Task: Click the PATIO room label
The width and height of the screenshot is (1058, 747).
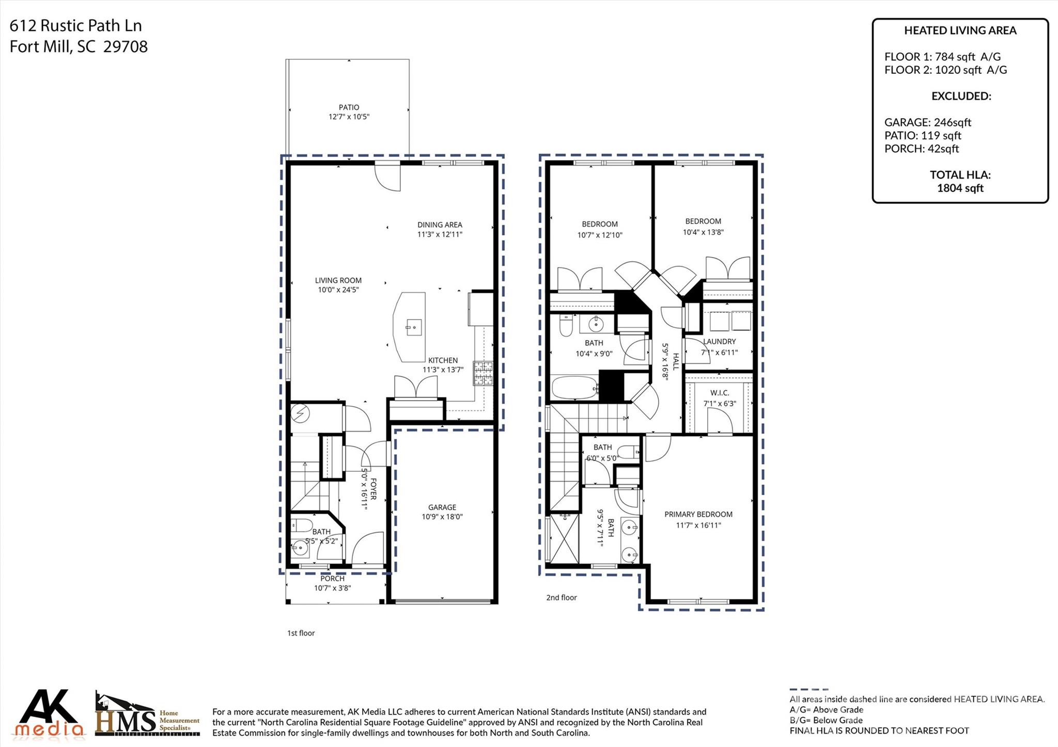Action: coord(349,107)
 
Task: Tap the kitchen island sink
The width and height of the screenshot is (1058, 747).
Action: coord(413,327)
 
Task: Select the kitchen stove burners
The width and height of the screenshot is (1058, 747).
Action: coord(483,374)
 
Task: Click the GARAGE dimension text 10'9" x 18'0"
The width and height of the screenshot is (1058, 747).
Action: coord(442,517)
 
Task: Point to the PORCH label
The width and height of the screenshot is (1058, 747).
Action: coord(332,579)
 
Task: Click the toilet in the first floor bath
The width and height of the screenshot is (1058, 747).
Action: coord(302,527)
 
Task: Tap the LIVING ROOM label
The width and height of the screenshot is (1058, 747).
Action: coord(338,280)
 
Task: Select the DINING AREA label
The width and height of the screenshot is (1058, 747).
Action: coord(440,225)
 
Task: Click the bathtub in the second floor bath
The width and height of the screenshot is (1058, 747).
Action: coord(574,388)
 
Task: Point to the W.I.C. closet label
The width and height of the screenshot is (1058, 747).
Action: coord(719,393)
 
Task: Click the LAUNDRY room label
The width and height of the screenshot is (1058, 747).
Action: coord(719,342)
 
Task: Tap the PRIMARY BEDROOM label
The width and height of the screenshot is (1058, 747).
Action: coord(698,514)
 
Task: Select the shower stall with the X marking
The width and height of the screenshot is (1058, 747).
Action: coord(564,538)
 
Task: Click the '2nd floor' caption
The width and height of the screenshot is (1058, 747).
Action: coord(561,598)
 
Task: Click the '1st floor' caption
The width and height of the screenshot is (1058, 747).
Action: coord(301,633)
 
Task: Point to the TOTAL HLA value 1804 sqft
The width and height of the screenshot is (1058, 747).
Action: coord(960,188)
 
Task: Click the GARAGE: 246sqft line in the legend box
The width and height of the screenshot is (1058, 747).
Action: coord(927,122)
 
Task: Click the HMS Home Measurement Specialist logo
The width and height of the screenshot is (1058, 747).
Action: coord(147,715)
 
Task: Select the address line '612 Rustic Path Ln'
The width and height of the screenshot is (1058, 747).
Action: coord(75,25)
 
